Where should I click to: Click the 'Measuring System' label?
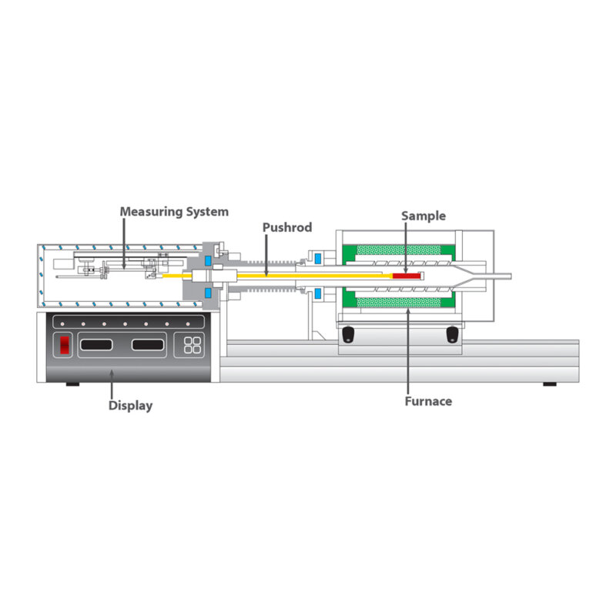[174, 212]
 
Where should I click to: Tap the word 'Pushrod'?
[287, 227]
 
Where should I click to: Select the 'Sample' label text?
[423, 216]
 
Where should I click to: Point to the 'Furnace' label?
[428, 401]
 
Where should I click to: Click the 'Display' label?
[130, 406]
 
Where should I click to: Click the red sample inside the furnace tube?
[407, 276]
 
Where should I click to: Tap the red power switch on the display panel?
[65, 345]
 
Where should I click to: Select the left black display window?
[96, 345]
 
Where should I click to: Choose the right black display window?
[148, 345]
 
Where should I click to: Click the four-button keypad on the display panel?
[192, 345]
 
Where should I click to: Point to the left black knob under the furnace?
[348, 334]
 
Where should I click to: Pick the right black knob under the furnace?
[452, 334]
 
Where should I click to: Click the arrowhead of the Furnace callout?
[408, 311]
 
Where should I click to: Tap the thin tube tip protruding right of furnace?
[510, 276]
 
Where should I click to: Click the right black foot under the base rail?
[550, 384]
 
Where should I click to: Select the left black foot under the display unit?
[72, 384]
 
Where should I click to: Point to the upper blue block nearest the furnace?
[317, 259]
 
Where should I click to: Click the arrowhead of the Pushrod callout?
[266, 273]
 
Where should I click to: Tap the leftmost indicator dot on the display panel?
[62, 324]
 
